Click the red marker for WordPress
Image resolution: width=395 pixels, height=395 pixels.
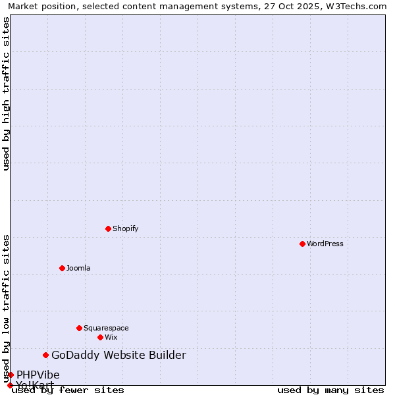coord(302,244)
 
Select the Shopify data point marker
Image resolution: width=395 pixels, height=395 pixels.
coord(108,228)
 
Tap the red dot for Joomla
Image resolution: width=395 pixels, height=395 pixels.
coord(62,268)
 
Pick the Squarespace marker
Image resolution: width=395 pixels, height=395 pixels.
coord(79,328)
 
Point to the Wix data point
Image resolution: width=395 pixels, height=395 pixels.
coord(100,337)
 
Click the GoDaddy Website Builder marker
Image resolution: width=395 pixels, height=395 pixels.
coord(45,355)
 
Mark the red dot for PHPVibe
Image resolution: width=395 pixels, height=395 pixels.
coord(11,375)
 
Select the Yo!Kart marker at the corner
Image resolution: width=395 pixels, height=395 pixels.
coord(10,385)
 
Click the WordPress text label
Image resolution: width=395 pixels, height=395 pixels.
coord(325,244)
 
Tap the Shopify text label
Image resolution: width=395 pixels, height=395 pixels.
coord(126,228)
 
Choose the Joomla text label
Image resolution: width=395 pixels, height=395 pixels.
coord(78,268)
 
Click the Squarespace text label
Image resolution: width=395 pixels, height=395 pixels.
coord(106,328)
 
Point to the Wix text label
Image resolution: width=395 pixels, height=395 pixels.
coord(111,337)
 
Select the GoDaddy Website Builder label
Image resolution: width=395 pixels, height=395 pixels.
coord(118,355)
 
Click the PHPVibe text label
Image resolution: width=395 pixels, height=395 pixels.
coord(38,375)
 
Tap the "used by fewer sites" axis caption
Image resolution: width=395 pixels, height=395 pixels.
coord(68,390)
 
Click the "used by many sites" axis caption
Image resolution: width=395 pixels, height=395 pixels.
coord(330,390)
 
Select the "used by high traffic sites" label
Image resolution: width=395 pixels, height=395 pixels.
coord(6,93)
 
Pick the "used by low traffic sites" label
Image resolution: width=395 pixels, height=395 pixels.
coord(6,308)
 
